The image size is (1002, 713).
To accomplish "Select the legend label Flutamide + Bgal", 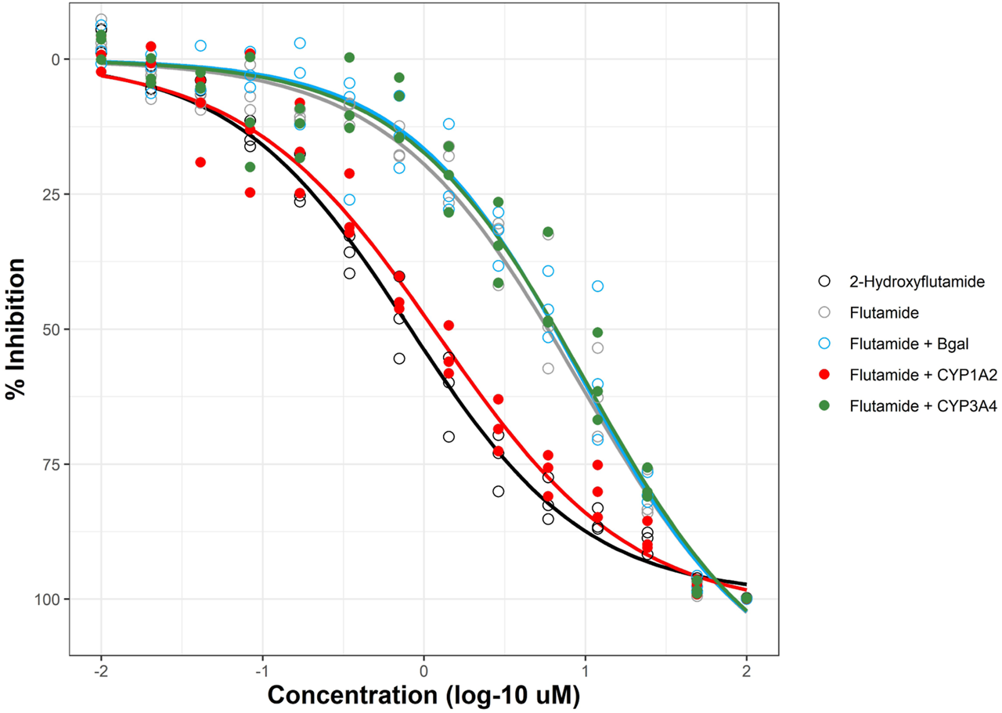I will pyautogui.click(x=904, y=344).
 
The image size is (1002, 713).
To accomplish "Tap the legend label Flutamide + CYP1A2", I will pyautogui.click(x=911, y=375).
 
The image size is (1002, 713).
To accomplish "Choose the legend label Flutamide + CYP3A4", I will pyautogui.click(x=911, y=406).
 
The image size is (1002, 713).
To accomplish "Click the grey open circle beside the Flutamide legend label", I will pyautogui.click(x=823, y=312).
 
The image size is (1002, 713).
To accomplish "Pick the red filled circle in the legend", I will pyautogui.click(x=823, y=375).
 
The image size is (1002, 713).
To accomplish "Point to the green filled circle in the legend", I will pyautogui.click(x=823, y=406).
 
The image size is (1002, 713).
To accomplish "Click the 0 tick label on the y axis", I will pyautogui.click(x=55, y=59).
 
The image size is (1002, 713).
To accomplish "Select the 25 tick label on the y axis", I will pyautogui.click(x=52, y=194).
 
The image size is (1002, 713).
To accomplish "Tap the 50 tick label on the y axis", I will pyautogui.click(x=52, y=329).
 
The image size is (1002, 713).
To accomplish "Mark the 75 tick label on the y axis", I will pyautogui.click(x=52, y=464).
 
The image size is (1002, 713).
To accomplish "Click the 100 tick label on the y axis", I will pyautogui.click(x=48, y=600).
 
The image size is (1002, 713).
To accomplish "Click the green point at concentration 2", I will pyautogui.click(x=747, y=599).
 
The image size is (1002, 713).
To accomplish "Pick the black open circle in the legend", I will pyautogui.click(x=823, y=281).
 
